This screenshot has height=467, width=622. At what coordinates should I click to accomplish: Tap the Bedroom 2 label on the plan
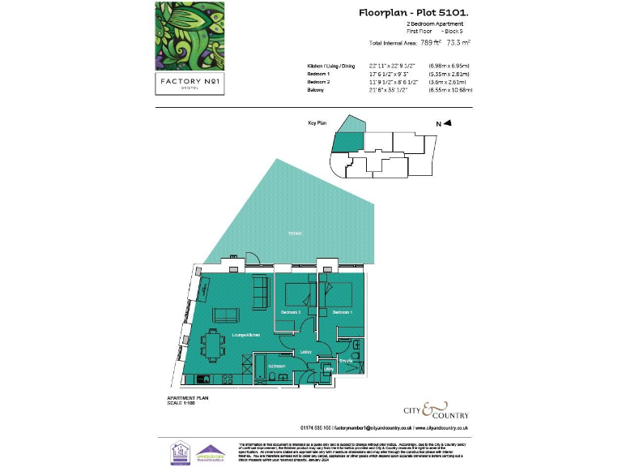(x=291, y=312)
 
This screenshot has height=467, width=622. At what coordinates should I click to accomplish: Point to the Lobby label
(x=306, y=352)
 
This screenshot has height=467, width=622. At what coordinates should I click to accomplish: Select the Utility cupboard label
(x=328, y=370)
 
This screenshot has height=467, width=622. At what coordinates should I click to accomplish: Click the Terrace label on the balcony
(x=296, y=233)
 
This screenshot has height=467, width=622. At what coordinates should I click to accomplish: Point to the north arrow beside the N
(x=446, y=123)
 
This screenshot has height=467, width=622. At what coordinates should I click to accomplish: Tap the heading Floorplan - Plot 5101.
(x=413, y=13)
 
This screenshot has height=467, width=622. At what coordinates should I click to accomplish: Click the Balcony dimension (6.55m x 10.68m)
(x=450, y=90)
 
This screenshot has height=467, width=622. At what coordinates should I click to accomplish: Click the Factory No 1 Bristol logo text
(x=189, y=84)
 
